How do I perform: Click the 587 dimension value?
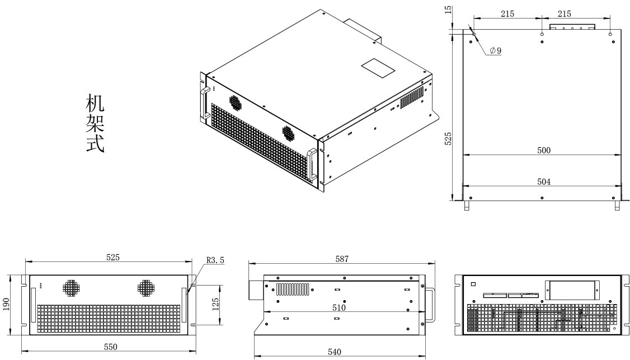pyautogui.click(x=342, y=259)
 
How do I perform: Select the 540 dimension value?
pyautogui.click(x=334, y=352)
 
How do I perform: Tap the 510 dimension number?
pyautogui.click(x=338, y=308)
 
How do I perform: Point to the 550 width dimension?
pyautogui.click(x=110, y=347)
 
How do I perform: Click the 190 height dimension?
pyautogui.click(x=6, y=304)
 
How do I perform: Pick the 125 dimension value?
pyautogui.click(x=215, y=305)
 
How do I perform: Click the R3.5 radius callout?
pyautogui.click(x=215, y=260)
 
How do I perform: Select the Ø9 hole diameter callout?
pyautogui.click(x=495, y=51)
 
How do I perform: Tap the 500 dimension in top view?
pyautogui.click(x=544, y=151)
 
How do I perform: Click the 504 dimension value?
pyautogui.click(x=544, y=182)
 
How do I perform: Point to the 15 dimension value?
pyautogui.click(x=449, y=10)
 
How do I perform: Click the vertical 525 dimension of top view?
pyautogui.click(x=448, y=138)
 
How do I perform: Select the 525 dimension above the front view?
pyautogui.click(x=113, y=257)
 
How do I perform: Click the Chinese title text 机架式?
pyautogui.click(x=95, y=124)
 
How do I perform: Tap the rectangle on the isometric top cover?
pyautogui.click(x=378, y=68)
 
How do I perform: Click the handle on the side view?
pyautogui.click(x=430, y=304)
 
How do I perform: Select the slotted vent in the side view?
pyautogui.click(x=293, y=289)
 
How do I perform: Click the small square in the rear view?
pyautogui.click(x=473, y=284)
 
